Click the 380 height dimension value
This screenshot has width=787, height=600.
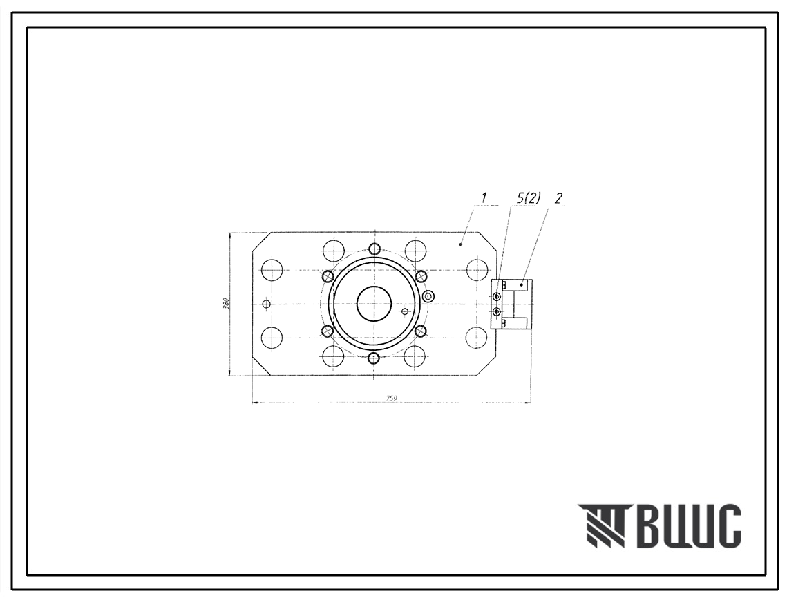click(x=227, y=304)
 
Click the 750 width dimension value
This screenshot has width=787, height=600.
click(x=392, y=398)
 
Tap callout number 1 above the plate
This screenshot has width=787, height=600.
click(x=484, y=198)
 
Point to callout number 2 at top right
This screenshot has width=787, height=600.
click(x=558, y=199)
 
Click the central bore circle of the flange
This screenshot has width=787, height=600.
click(x=374, y=304)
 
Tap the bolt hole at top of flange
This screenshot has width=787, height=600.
click(x=374, y=249)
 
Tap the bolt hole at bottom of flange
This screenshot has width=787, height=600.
click(x=374, y=358)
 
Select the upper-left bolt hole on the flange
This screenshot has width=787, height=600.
click(x=328, y=276)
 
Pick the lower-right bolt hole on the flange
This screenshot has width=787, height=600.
click(x=421, y=331)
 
